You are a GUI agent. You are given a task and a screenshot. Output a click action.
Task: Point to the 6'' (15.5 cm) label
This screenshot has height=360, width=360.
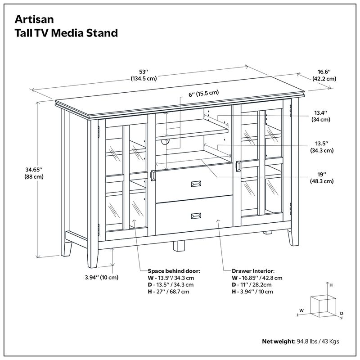[203, 93]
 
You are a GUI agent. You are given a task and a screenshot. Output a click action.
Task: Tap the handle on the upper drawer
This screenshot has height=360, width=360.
[196, 183]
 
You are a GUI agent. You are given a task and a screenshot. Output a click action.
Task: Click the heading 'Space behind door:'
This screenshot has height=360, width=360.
[174, 271]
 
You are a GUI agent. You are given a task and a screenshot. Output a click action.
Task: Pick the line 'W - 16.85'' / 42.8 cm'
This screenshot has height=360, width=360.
[257, 278]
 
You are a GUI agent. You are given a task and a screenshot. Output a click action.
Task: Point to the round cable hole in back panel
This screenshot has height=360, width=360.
[166, 141]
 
